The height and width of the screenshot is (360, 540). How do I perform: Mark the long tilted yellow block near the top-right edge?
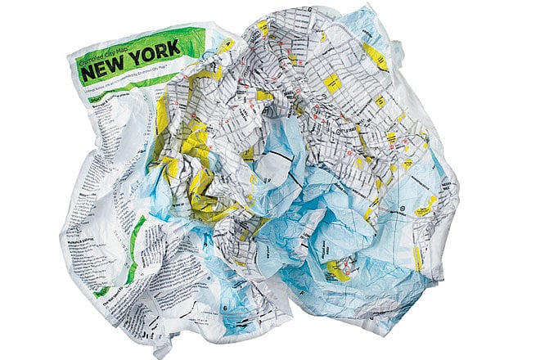click(x=377, y=56)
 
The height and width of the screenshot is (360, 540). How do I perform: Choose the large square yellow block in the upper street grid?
click(x=332, y=83)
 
